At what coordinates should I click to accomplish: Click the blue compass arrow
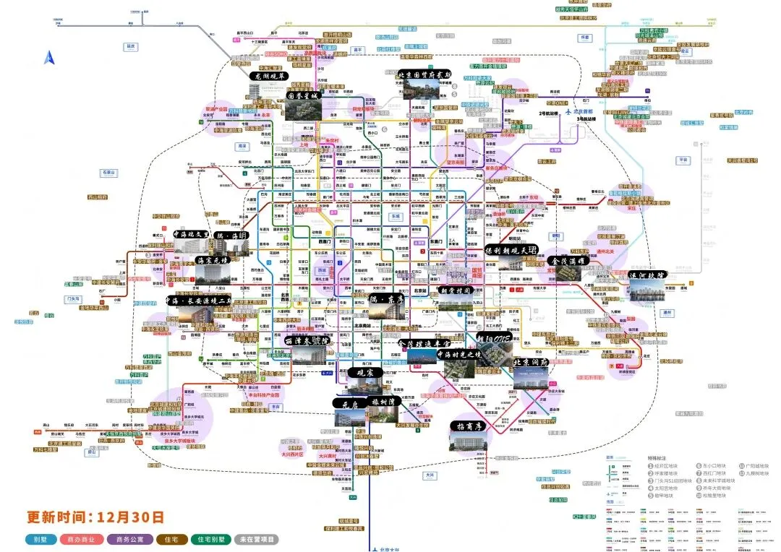(x=49, y=58)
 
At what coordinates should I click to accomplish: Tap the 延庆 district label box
(x=131, y=46)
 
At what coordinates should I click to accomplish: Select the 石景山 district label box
(x=109, y=173)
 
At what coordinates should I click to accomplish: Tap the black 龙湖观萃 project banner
(x=269, y=75)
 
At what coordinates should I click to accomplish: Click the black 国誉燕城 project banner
(x=303, y=95)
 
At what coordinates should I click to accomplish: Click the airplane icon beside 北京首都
(x=568, y=113)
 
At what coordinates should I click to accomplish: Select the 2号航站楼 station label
(x=550, y=113)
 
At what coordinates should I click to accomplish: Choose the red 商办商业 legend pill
(x=81, y=539)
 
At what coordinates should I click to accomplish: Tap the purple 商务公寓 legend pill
(x=130, y=539)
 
